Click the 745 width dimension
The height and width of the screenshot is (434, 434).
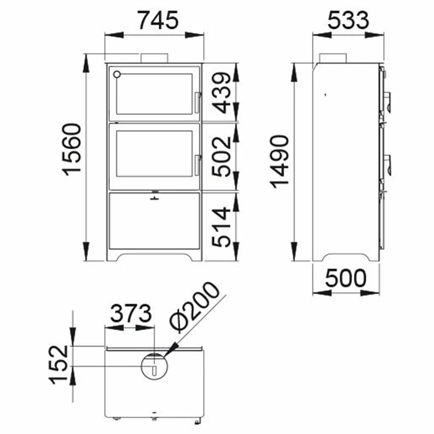[158, 20]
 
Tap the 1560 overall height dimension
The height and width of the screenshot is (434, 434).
[72, 150]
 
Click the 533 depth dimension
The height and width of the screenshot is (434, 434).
[348, 20]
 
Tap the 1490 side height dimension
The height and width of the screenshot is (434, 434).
[279, 161]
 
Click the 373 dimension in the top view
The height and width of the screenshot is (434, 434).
[131, 313]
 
